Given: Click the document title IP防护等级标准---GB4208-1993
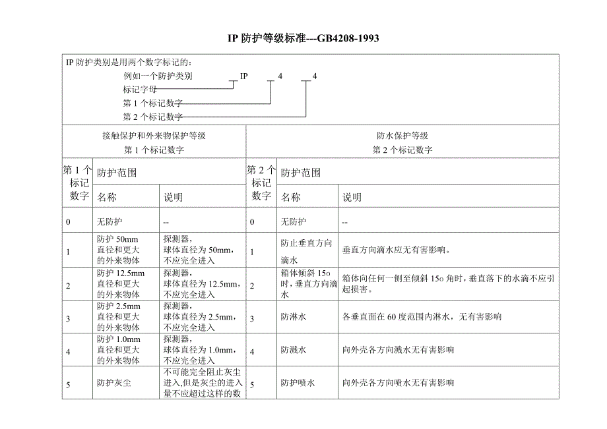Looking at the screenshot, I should pos(303,39).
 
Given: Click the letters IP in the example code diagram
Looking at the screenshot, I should pos(243,76).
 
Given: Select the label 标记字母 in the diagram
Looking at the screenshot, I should pos(140,89).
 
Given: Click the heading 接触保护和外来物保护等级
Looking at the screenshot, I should pos(154,136).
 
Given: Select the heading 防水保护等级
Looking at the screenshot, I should pos(402,136).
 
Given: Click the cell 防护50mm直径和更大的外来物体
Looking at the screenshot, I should pos(118,250).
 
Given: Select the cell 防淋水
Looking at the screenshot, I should pos(294,317).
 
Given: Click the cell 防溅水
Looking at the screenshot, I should pos(294,350).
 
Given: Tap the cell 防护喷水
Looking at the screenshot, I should pos(298,383).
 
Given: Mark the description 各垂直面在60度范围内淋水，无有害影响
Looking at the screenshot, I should pos(422,317).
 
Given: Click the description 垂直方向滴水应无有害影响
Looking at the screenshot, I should pos(397,250).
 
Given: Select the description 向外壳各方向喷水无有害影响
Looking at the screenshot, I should pos(399,383).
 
